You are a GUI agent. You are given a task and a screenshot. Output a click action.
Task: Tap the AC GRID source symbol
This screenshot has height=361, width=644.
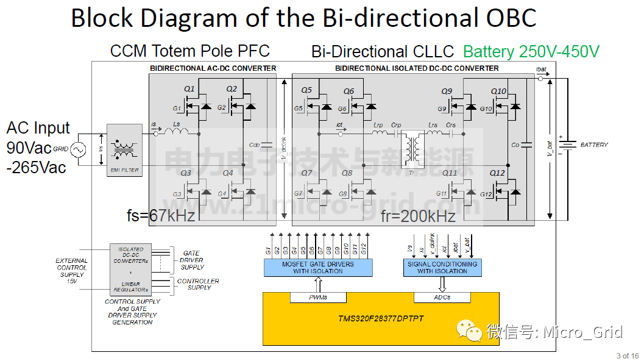[x=78, y=149]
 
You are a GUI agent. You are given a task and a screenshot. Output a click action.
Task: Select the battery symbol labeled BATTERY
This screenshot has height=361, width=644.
[x=568, y=145]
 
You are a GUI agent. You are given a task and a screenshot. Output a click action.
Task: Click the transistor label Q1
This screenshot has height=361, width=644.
[x=189, y=90]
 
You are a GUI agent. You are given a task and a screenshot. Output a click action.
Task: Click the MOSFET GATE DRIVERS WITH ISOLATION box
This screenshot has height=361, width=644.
[x=317, y=267]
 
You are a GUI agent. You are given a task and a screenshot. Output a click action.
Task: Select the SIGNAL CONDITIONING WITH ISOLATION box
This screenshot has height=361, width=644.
[x=442, y=267]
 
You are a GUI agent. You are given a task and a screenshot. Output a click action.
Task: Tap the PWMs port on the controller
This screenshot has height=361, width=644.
[x=317, y=298]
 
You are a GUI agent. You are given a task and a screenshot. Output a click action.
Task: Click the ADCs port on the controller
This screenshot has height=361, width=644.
[x=442, y=298]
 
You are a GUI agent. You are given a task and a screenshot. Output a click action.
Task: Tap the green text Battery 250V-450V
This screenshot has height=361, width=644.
[x=531, y=52]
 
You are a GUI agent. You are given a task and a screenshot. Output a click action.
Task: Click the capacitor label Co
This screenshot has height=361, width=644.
[x=515, y=145]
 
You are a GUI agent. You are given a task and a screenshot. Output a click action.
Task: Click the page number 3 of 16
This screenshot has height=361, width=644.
[x=628, y=356]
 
